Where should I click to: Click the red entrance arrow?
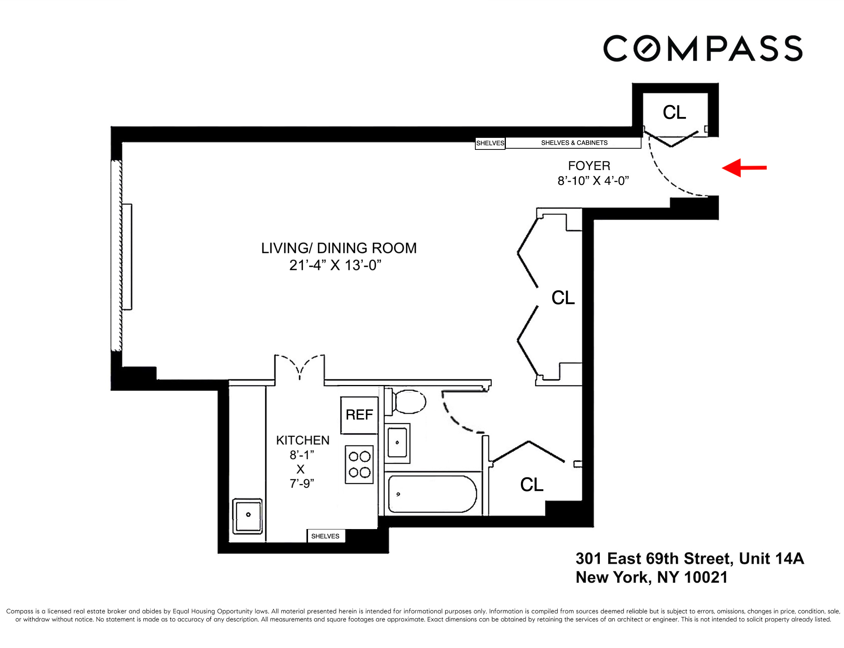coord(744,168)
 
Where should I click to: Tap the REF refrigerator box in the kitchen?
coord(359,415)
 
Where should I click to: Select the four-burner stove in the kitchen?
coord(359,464)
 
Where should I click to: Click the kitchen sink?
coord(248,516)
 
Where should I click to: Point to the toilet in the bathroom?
coord(408,402)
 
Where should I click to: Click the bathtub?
coord(432,494)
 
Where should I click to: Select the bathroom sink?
coord(397,443)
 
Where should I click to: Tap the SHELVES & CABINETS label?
coord(574,143)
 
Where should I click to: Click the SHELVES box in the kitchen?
coord(325,536)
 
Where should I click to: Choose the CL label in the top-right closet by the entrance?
coord(674,112)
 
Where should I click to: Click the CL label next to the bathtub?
coord(532,485)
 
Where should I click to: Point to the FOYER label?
coord(589,166)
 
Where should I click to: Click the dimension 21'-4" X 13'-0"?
coord(335,265)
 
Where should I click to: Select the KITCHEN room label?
coord(303,440)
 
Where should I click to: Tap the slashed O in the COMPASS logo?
coord(647,49)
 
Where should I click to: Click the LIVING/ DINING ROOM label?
coord(339,248)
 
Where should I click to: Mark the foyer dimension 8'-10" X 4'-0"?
coord(593,181)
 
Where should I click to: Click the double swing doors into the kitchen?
coord(299,367)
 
